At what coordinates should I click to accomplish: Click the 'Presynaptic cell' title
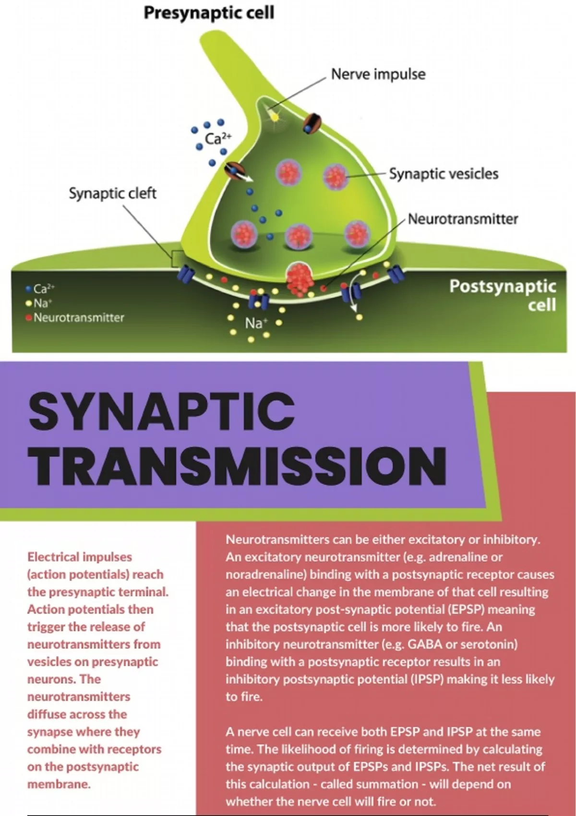(209, 13)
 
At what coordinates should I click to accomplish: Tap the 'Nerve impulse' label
(378, 74)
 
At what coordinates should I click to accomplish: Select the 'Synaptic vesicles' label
(444, 174)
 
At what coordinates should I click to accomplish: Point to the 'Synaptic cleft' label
(112, 193)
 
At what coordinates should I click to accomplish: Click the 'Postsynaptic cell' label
(503, 295)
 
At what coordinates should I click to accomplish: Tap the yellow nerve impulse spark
(274, 116)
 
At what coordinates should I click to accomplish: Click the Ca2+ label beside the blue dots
(218, 139)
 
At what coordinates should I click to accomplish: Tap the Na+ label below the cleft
(254, 324)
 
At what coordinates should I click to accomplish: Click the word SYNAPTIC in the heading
(162, 411)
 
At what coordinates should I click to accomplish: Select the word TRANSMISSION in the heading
(238, 466)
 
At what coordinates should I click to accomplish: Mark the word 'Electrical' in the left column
(53, 557)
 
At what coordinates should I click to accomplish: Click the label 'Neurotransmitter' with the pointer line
(463, 219)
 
